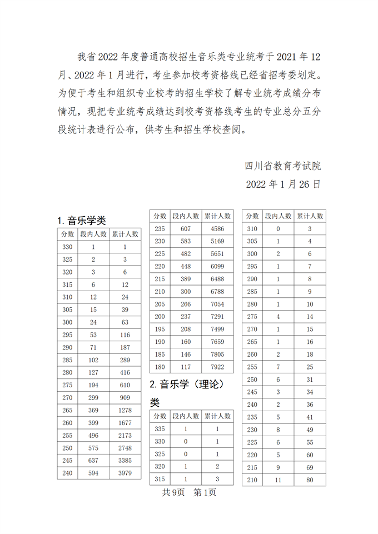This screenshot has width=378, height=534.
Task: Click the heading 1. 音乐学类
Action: click(x=82, y=220)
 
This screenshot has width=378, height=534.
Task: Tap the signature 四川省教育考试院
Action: click(x=283, y=166)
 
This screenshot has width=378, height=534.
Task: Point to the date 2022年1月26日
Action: click(x=283, y=184)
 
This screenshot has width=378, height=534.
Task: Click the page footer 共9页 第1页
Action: click(x=188, y=492)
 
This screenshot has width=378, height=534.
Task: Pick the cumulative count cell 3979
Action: click(x=125, y=473)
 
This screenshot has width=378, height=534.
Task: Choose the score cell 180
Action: click(x=160, y=366)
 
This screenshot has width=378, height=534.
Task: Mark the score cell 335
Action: click(x=160, y=430)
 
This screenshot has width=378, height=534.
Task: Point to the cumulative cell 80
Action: click(x=310, y=480)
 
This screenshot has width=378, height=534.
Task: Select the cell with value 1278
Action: click(x=125, y=410)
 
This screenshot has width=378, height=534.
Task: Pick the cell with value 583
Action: click(x=186, y=241)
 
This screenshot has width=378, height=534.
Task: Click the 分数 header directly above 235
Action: click(x=160, y=216)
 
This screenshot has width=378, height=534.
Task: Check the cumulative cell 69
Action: click(x=310, y=467)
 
